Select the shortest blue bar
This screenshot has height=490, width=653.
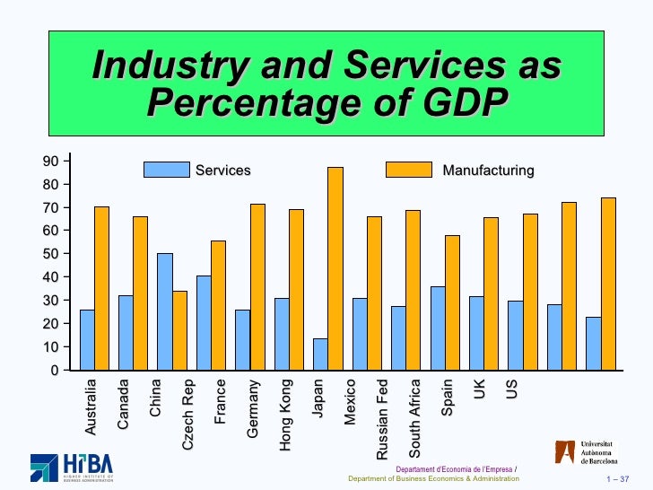[320, 354]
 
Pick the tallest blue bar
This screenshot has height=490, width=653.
[165, 311]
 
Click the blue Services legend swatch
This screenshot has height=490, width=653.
[167, 170]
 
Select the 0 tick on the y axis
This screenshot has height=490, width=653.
[54, 370]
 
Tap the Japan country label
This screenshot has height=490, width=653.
[318, 398]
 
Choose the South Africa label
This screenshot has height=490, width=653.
[414, 416]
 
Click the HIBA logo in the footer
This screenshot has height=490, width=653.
[71, 467]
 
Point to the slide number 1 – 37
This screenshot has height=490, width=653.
[619, 478]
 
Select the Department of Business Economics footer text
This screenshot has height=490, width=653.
[433, 478]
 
